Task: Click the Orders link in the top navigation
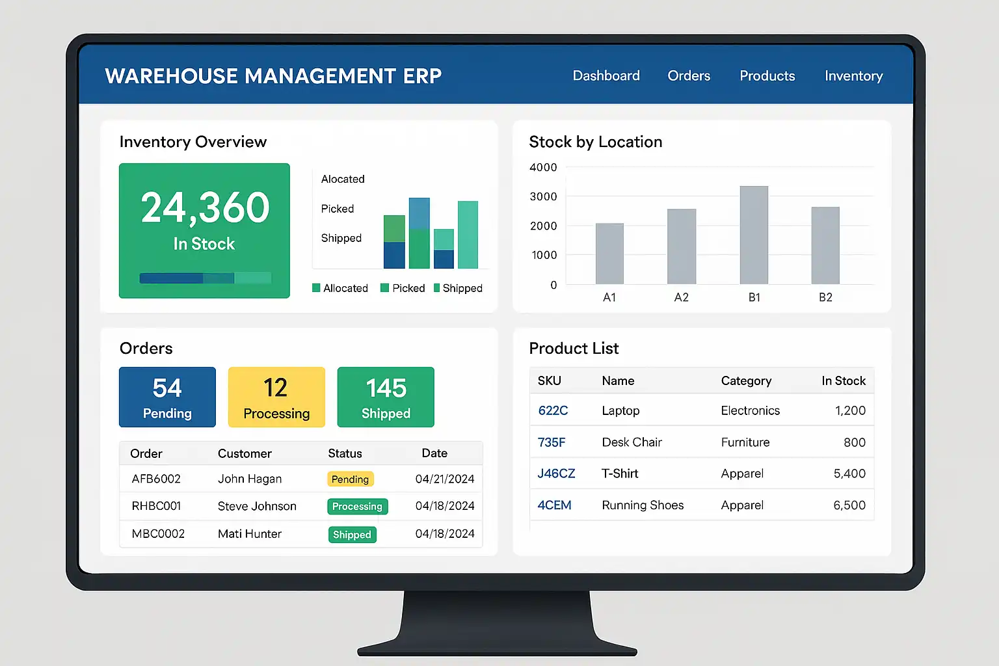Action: (x=689, y=76)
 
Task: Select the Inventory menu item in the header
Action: (x=853, y=76)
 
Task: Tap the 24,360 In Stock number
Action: (x=205, y=208)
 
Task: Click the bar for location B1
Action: (x=754, y=235)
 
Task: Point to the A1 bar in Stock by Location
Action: (x=609, y=254)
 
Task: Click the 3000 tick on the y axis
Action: (x=543, y=196)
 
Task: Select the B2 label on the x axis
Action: (x=825, y=297)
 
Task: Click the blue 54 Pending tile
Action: (x=167, y=397)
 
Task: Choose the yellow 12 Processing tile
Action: (x=276, y=397)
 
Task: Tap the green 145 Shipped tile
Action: (x=386, y=397)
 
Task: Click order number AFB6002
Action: (x=156, y=479)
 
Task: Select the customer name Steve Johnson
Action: (x=257, y=506)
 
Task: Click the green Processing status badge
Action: (x=357, y=507)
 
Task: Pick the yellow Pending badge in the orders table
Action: (x=350, y=479)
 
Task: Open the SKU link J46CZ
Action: (x=556, y=473)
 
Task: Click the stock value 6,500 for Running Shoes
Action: (x=849, y=505)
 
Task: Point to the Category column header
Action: (x=746, y=381)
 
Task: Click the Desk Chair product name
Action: (x=632, y=442)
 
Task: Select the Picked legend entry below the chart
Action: (x=403, y=288)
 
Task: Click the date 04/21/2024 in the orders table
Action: (x=445, y=479)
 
